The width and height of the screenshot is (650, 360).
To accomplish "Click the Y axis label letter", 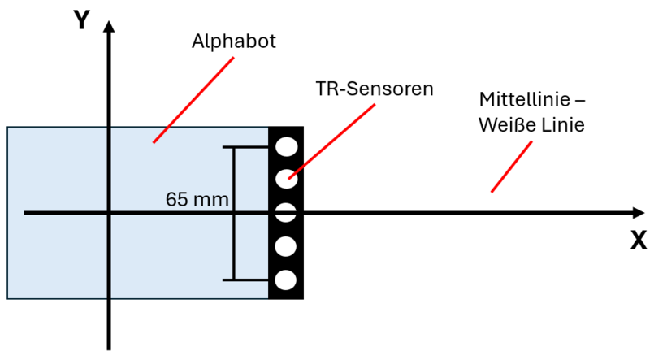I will [81, 20].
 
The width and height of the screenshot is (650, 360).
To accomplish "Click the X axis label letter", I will [639, 240].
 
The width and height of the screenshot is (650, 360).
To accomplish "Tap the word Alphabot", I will [234, 41].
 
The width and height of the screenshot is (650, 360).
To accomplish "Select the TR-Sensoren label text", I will [375, 89].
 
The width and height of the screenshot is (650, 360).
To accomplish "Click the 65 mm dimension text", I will [197, 198].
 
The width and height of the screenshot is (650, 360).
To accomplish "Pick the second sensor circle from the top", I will [286, 179].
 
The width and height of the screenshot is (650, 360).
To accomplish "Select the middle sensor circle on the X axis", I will [286, 213].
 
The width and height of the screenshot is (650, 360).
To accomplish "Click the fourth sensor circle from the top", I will [286, 246].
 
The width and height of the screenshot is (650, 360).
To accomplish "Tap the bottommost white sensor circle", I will [286, 280].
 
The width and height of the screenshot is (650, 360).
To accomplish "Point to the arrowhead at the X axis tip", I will [638, 213].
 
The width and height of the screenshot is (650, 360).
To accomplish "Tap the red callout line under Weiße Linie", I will [512, 167].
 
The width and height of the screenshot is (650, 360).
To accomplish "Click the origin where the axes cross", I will [109, 213].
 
